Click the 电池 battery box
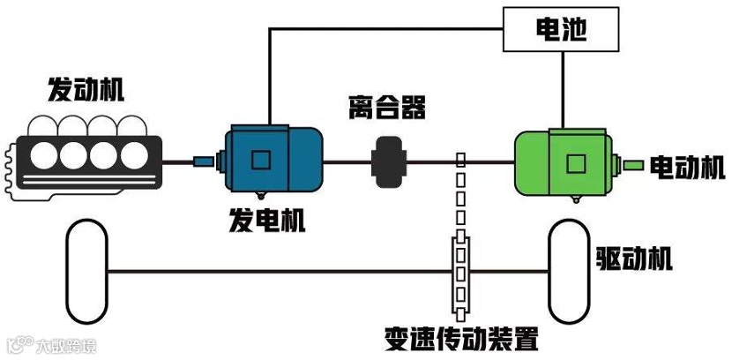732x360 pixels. point(561,32)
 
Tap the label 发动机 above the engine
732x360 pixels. point(86,89)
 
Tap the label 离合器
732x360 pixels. point(386,109)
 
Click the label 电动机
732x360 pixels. point(687,167)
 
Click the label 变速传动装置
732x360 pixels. point(461,338)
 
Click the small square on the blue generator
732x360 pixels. point(260,160)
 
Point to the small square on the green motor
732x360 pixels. point(576,163)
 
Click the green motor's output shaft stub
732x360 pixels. point(632,164)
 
